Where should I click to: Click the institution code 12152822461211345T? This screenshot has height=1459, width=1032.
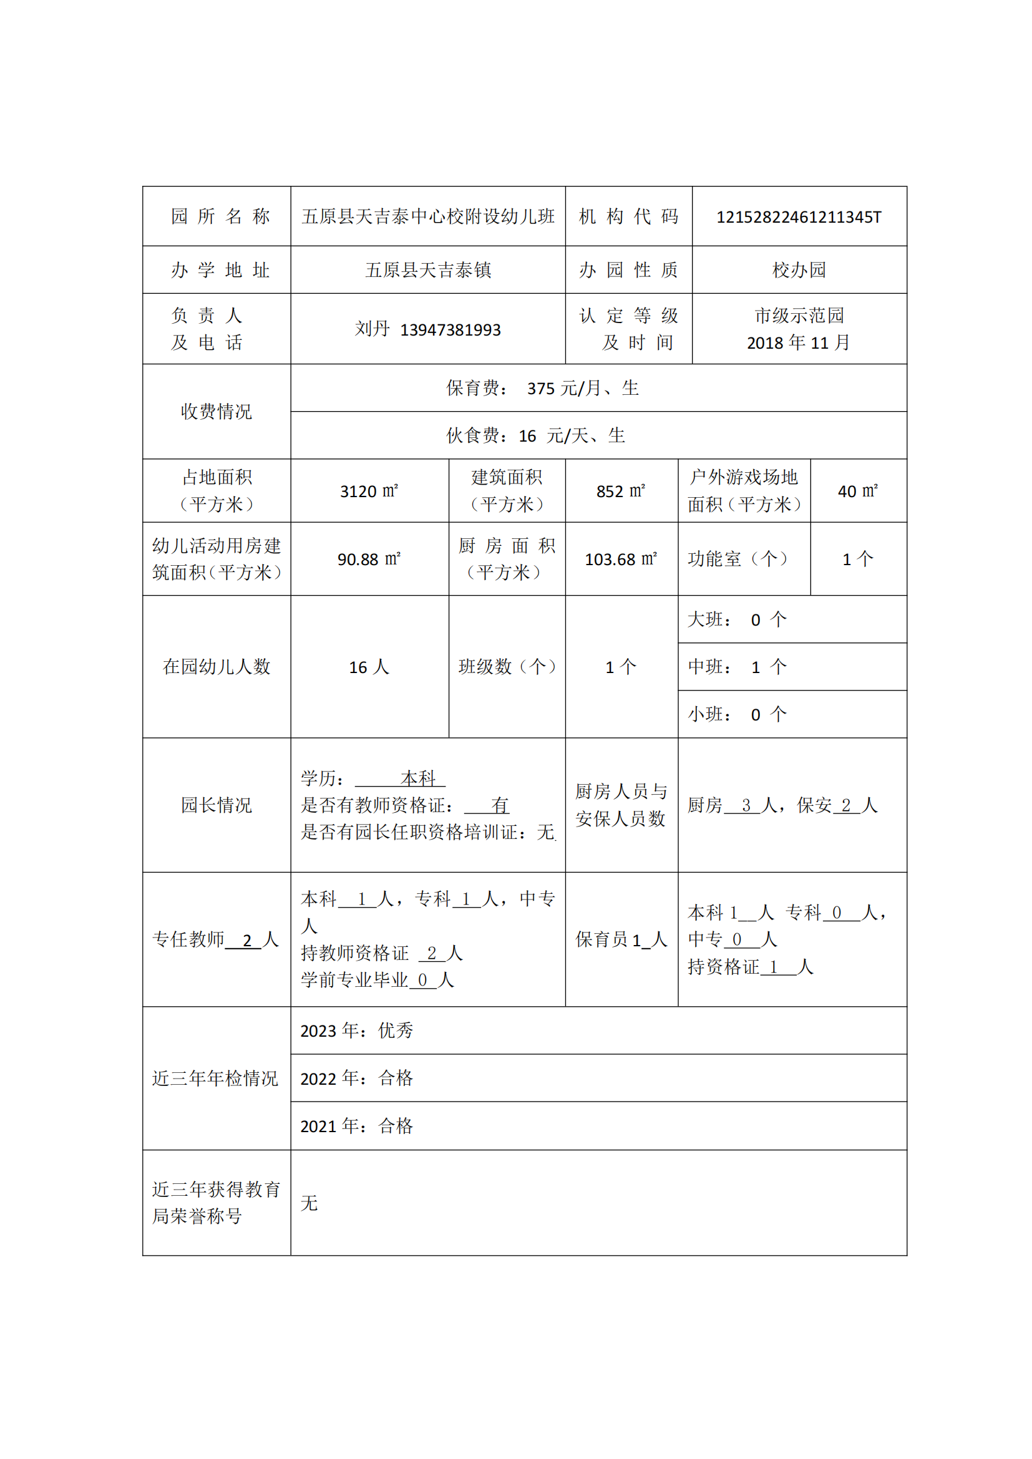pyautogui.click(x=799, y=217)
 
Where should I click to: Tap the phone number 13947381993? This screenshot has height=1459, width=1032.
pyautogui.click(x=450, y=330)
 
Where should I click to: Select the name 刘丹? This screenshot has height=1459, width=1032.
pyautogui.click(x=372, y=329)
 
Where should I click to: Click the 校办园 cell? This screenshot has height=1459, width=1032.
pyautogui.click(x=799, y=270)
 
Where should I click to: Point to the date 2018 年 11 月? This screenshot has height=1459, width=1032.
pyautogui.click(x=798, y=343)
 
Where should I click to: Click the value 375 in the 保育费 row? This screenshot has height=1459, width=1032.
pyautogui.click(x=541, y=388)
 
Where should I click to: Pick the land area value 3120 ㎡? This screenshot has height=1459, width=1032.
pyautogui.click(x=369, y=491)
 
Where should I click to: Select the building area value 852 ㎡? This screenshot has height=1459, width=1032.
pyautogui.click(x=621, y=491)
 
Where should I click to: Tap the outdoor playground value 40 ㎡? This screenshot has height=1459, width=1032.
pyautogui.click(x=858, y=491)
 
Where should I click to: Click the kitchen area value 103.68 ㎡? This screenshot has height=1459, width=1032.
pyautogui.click(x=621, y=559)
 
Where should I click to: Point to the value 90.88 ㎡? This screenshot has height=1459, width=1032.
pyautogui.click(x=369, y=559)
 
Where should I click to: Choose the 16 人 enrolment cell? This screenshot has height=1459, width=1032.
pyautogui.click(x=369, y=667)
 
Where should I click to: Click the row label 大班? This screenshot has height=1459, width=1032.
pyautogui.click(x=706, y=619)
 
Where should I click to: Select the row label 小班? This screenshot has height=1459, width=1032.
pyautogui.click(x=706, y=715)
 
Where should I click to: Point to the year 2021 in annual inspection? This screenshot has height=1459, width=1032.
pyautogui.click(x=318, y=1126)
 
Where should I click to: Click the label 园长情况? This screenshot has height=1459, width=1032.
pyautogui.click(x=217, y=805)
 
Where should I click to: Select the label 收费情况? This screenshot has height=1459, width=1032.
pyautogui.click(x=217, y=412)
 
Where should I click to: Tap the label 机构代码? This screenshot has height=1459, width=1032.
pyautogui.click(x=628, y=216)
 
